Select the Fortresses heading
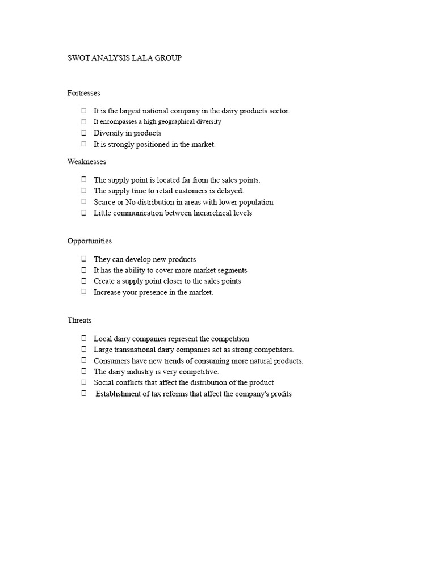pyautogui.click(x=84, y=93)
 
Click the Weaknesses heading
pyautogui.click(x=87, y=162)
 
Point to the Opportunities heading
pyautogui.click(x=90, y=241)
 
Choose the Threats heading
pyautogui.click(x=79, y=321)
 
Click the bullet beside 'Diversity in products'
pyautogui.click(x=83, y=133)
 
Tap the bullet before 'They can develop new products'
pyautogui.click(x=83, y=259)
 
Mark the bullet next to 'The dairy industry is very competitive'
pyautogui.click(x=83, y=372)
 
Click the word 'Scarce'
pyautogui.click(x=104, y=202)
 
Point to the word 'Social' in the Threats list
pyautogui.click(x=103, y=383)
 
